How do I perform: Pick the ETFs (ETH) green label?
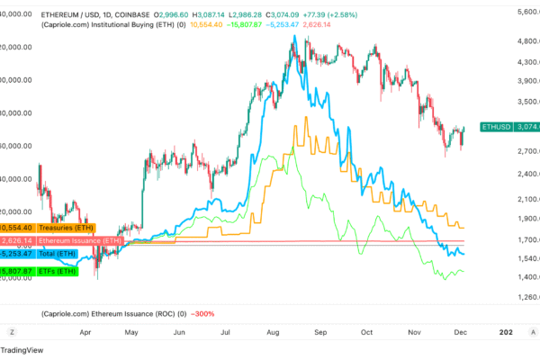coord(56,269)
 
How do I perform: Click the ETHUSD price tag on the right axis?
coord(497,128)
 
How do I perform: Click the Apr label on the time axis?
coord(87,332)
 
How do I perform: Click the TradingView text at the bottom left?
coord(25,350)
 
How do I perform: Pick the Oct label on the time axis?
coord(366,332)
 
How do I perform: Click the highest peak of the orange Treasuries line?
coord(308,117)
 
